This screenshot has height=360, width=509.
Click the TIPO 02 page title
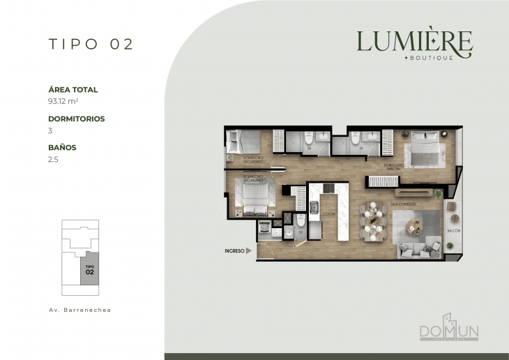coord(91,44)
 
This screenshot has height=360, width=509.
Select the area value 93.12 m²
coord(62,101)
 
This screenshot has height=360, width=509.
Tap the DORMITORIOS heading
coord(77,119)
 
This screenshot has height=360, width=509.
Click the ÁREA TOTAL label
coord(73,90)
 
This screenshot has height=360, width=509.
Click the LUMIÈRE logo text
coord(414,43)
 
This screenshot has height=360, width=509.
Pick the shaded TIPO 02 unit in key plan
coord(90,269)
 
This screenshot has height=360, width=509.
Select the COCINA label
coord(330,214)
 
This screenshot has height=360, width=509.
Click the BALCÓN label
coord(449,230)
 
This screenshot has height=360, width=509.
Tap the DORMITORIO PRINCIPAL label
coord(394,166)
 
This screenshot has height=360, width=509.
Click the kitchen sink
coord(314,207)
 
